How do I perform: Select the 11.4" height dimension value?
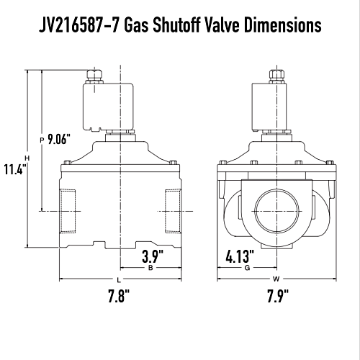coord(14,169)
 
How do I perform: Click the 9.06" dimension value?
coord(57,140)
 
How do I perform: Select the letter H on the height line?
coord(27,158)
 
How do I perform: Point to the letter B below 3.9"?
coord(150,268)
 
